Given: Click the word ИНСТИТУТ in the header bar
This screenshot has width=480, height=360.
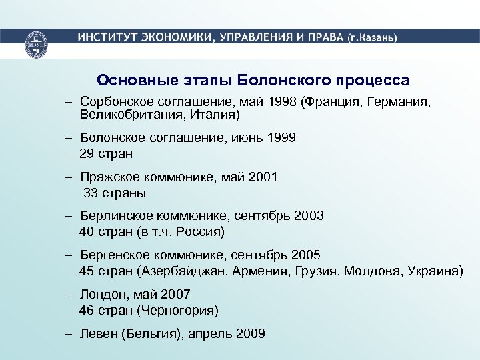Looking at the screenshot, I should pyautogui.click(x=107, y=37).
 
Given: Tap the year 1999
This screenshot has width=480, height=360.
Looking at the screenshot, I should pyautogui.click(x=280, y=138).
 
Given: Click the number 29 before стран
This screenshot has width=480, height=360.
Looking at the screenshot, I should pyautogui.click(x=87, y=154).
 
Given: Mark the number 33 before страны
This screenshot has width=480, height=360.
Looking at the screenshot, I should pyautogui.click(x=91, y=193).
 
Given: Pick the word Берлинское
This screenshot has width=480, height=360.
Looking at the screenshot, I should pyautogui.click(x=115, y=215).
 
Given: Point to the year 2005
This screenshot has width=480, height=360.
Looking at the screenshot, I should pyautogui.click(x=305, y=255).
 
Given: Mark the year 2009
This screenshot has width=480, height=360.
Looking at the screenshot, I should pyautogui.click(x=251, y=333).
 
